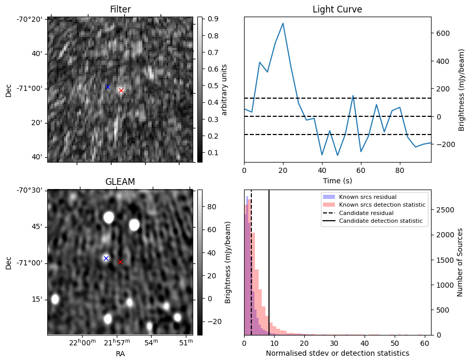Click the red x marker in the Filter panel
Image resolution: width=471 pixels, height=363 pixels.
[121, 90]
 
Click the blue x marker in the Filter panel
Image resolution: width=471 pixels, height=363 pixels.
[107, 87]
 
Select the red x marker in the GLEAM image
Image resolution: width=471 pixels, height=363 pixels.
[120, 262]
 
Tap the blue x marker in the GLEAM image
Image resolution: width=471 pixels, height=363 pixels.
[106, 258]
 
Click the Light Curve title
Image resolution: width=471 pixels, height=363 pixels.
[337, 9]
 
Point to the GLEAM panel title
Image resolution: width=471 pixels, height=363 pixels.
[120, 182]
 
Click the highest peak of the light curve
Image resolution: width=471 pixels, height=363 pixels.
[282, 23]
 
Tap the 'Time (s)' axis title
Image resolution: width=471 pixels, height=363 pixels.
[337, 180]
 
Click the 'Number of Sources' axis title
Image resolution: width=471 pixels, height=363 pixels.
[460, 262]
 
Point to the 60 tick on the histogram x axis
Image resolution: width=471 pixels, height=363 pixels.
[424, 343]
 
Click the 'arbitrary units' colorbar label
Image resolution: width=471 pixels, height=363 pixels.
[225, 89]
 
